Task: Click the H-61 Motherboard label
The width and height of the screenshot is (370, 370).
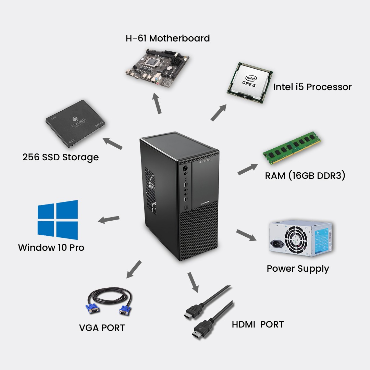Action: click(168, 38)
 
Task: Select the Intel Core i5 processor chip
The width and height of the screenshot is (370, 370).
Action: click(250, 83)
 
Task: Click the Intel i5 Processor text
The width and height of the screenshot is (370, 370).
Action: click(312, 87)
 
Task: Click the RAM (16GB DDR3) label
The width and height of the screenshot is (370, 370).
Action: click(305, 176)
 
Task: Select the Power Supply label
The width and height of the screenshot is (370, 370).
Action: click(298, 269)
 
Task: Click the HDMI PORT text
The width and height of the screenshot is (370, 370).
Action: click(258, 324)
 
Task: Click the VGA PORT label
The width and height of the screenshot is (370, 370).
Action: click(102, 328)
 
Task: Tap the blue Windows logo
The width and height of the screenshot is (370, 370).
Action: click(58, 220)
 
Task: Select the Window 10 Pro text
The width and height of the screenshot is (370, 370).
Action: click(51, 247)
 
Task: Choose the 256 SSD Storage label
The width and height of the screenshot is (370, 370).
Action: click(61, 157)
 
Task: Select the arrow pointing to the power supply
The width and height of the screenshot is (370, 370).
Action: click(246, 235)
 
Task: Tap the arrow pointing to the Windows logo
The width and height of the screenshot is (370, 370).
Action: click(109, 220)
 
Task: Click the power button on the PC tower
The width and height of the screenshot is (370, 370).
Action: click(185, 169)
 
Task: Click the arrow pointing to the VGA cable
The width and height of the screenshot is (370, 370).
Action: click(134, 269)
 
